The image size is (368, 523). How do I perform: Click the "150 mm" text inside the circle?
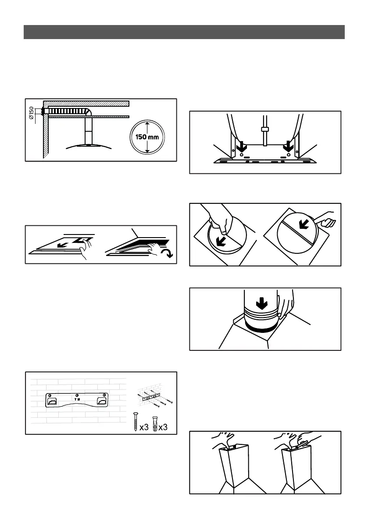click(147, 137)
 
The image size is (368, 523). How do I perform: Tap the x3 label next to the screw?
click(144, 427)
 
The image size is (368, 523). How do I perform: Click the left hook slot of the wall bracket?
click(52, 401)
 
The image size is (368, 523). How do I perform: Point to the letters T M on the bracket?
click(77, 399)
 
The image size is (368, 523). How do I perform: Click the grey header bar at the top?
click(184, 32)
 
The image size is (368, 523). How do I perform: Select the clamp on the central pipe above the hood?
click(264, 130)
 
